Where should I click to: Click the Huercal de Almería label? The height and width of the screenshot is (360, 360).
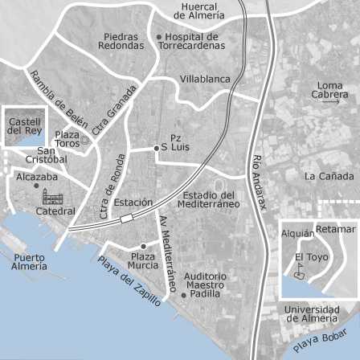coord(198,10)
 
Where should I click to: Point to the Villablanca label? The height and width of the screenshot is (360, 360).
coord(204,80)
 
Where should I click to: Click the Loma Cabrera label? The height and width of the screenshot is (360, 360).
coord(329,90)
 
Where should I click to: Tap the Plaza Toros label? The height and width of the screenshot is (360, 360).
coord(67,138)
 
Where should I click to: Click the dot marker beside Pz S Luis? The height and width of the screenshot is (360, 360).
coord(156,148)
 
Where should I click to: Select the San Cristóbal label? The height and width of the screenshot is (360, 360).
coord(46,154)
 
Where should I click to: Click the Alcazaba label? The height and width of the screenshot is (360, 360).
coord(37,177)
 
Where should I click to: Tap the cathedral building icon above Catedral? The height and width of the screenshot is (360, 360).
coord(52,197)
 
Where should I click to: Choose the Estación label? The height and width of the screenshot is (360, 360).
coord(133,202)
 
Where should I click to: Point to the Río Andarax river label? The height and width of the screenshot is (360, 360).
coord(259,182)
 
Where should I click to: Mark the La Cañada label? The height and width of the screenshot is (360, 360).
coord(328,176)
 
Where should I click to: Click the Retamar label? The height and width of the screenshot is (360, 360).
coord(335,229)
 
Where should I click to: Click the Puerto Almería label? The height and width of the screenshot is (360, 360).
coord(29,262)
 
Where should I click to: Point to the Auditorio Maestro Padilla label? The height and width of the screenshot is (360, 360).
coord(205,284)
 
